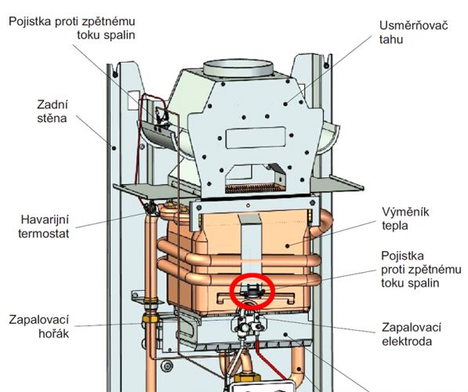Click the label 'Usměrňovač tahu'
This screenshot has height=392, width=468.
point(413,33)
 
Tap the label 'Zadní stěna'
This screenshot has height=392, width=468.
point(53,111)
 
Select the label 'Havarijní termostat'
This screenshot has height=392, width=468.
point(44,227)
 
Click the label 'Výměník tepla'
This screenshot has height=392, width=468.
point(405,219)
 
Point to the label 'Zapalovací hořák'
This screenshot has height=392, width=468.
point(39,326)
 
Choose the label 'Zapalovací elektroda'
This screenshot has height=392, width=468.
point(412,334)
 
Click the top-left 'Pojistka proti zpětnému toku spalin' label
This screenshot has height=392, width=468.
point(72,28)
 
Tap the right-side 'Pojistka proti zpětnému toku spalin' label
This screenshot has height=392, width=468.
point(421,269)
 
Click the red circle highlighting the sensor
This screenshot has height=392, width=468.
point(252,274)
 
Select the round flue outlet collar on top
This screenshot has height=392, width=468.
point(238,69)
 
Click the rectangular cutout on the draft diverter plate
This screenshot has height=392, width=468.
point(256,137)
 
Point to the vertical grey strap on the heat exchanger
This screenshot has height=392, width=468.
point(250,245)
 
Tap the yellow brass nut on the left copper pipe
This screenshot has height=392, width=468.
point(151,318)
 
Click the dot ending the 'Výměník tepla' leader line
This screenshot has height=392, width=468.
point(287,246)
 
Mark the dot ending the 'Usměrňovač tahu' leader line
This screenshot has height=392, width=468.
point(285,104)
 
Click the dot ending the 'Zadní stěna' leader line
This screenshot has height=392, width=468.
point(114,147)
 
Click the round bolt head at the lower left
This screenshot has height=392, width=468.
point(167,365)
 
